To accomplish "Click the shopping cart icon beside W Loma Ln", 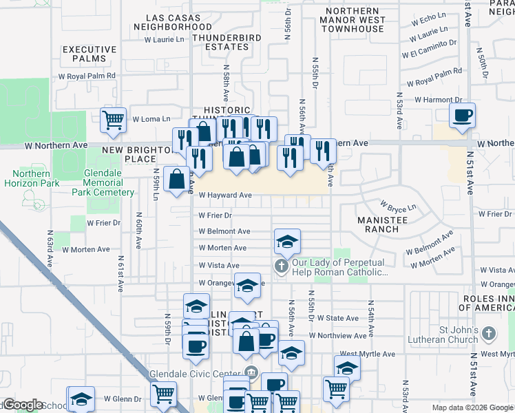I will click(114, 120).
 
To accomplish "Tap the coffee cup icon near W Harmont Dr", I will click(463, 114).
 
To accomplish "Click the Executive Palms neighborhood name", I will click(90, 54).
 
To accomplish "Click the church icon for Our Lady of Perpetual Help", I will click(281, 266).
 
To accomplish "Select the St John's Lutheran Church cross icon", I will click(488, 334).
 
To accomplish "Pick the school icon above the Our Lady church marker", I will click(287, 241).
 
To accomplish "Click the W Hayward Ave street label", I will click(225, 195).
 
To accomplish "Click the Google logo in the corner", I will click(22, 405).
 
